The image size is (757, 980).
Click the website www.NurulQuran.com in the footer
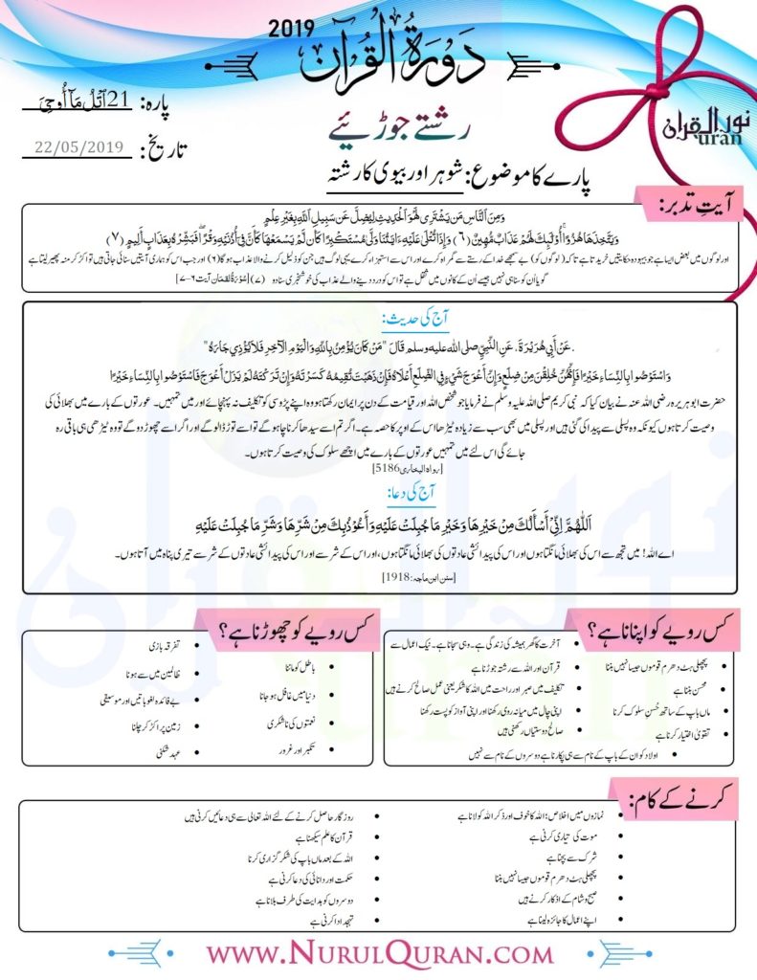(x=379, y=954)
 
